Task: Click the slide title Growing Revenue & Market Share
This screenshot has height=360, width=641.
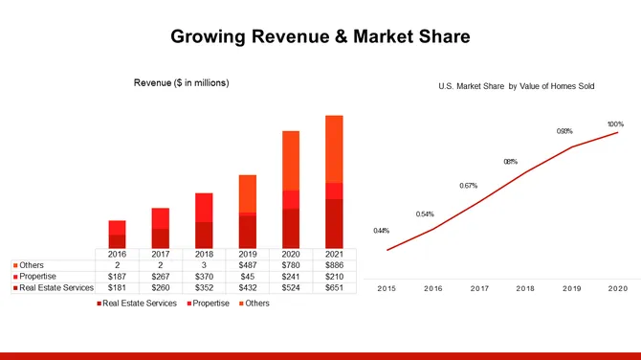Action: (x=320, y=37)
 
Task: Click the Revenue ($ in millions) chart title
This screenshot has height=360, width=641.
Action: (x=181, y=83)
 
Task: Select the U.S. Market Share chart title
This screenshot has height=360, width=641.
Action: (x=517, y=86)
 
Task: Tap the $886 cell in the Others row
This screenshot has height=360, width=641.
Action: (x=333, y=265)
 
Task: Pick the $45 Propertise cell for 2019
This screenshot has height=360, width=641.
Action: (x=247, y=276)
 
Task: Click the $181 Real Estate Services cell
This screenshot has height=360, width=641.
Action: (x=117, y=286)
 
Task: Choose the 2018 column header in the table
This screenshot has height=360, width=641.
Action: (x=204, y=254)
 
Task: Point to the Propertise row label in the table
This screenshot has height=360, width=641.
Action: (x=38, y=276)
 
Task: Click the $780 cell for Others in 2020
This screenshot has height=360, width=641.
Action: (x=290, y=265)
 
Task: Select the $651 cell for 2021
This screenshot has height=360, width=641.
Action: (x=333, y=286)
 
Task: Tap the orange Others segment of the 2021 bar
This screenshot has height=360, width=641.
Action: (x=333, y=148)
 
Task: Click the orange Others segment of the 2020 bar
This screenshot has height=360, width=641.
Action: (x=290, y=160)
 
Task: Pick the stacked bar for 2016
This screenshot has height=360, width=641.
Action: (x=117, y=234)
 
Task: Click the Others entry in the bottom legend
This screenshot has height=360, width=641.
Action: (x=254, y=304)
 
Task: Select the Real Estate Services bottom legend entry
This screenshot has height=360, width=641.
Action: (x=140, y=304)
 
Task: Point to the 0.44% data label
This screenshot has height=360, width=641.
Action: (x=381, y=231)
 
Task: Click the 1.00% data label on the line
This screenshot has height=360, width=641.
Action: (x=615, y=124)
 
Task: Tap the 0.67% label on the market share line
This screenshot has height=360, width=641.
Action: (x=468, y=186)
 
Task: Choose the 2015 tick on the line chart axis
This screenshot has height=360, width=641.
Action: (x=387, y=287)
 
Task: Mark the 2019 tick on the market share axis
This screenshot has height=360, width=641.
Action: (x=572, y=287)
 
